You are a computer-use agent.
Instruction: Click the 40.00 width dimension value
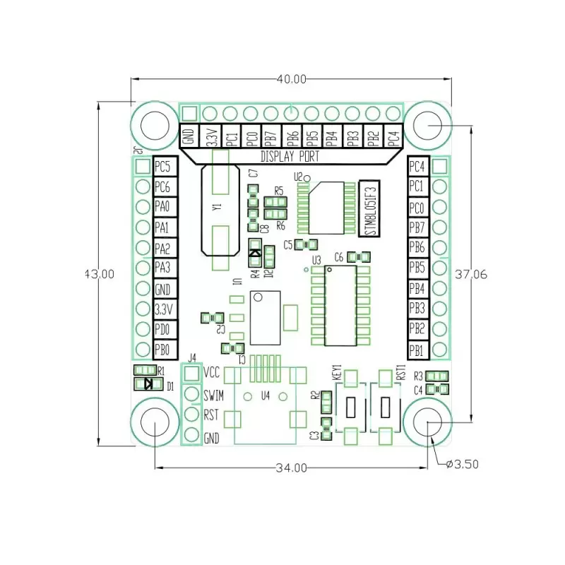tap(291, 79)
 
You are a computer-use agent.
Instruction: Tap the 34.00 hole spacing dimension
tap(291, 468)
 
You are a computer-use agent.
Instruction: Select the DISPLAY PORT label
tap(290, 157)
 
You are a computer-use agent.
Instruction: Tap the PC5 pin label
tap(163, 167)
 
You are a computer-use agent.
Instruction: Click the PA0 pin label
tap(163, 208)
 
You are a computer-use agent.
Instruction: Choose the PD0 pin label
tap(163, 329)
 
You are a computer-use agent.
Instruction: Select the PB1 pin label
tap(417, 349)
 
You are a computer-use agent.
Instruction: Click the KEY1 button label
tap(337, 372)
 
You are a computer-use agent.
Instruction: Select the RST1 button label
tap(400, 372)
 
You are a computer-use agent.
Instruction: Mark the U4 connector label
tap(266, 395)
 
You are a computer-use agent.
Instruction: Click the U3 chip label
tap(316, 260)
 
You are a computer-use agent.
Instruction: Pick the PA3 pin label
tap(163, 268)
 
